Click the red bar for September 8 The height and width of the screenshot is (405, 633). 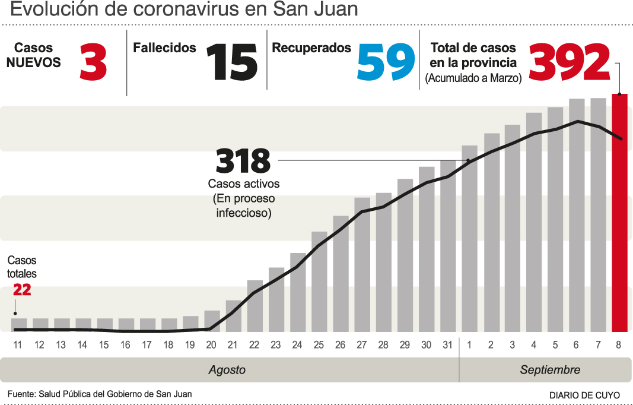tap(619, 214)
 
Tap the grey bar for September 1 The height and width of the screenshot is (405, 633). tap(469, 238)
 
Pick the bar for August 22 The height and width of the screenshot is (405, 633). tap(255, 306)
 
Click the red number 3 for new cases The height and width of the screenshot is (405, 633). tap(93, 64)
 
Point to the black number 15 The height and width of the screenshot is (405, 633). tap(232, 64)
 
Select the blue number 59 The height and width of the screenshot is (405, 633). tap(386, 64)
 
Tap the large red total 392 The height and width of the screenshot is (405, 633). tap(570, 63)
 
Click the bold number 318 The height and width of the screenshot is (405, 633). tap(243, 161)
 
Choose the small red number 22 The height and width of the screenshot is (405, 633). tap(22, 290)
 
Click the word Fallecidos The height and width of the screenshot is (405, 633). tap(164, 48)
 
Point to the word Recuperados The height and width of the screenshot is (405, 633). tap(311, 48)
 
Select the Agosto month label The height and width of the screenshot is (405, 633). tap(227, 370)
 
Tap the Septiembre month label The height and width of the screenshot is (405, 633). tap(550, 370)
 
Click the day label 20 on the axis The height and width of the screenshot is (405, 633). tap(211, 345)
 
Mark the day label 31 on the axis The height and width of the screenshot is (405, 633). tap(448, 345)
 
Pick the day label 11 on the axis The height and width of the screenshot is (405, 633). tap(18, 345)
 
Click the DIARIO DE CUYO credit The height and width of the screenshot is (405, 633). tap(584, 395)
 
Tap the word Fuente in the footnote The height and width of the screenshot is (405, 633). tap(21, 394)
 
